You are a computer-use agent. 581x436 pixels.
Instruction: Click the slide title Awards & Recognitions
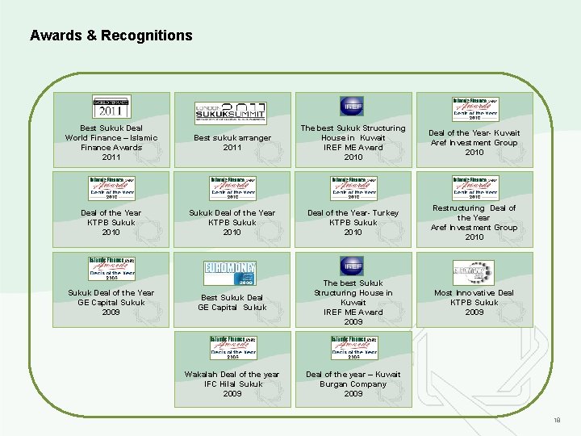111,36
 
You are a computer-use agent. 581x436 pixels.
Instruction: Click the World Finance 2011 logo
111,107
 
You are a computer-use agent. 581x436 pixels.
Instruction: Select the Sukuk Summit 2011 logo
232,112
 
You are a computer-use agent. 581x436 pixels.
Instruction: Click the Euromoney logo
232,273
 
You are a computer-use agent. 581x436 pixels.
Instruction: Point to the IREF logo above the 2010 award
353,106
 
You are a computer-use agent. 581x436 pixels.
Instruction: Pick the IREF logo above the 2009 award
353,265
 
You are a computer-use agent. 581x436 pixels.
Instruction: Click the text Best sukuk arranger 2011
232,143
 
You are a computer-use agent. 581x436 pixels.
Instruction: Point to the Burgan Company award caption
353,384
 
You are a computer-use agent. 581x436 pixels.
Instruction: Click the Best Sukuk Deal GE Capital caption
232,302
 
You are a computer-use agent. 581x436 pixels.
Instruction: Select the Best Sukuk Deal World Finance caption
111,142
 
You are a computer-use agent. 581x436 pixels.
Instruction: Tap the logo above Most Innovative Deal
474,273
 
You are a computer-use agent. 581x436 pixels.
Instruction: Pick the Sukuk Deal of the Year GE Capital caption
111,302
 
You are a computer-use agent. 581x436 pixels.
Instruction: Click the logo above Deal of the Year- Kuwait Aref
474,107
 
